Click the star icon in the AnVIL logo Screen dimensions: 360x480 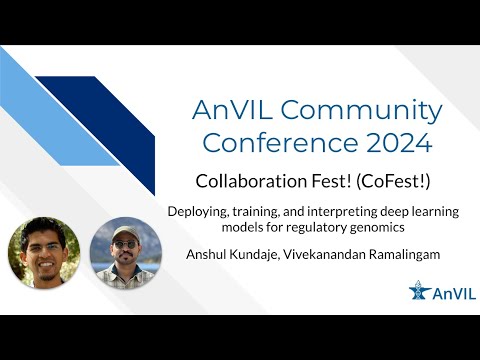pos(421,291)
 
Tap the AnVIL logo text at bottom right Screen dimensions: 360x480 pos(448,292)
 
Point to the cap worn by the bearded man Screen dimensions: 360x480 pos(125,232)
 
